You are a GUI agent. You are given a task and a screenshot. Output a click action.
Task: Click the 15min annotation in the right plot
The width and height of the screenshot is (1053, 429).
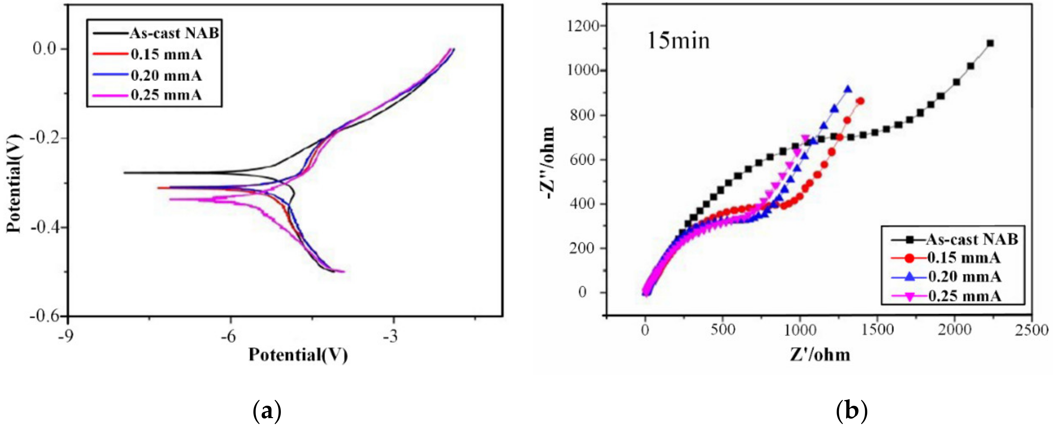[678, 41]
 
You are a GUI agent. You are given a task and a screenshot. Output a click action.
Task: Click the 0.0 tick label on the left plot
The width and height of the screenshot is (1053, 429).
[44, 49]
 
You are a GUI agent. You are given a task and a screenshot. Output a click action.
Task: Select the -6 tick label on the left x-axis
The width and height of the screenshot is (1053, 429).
[230, 336]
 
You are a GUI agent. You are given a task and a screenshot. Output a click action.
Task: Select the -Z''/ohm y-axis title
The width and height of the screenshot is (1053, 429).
[547, 163]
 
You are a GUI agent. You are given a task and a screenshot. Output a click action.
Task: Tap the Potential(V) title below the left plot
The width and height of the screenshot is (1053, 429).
[298, 355]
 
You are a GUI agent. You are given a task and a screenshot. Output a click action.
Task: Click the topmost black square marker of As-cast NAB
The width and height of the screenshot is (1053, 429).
[990, 43]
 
